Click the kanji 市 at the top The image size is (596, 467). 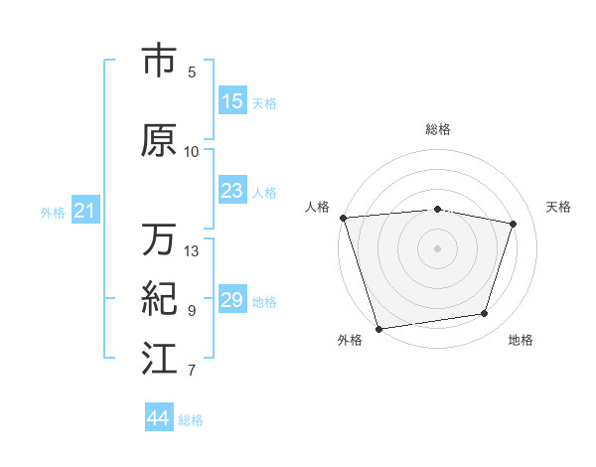160,62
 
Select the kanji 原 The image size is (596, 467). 160,141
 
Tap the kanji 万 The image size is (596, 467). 160,239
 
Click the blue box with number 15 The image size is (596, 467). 232,101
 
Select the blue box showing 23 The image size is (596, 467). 232,191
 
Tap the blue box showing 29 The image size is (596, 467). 232,300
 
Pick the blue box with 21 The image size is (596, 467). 84,211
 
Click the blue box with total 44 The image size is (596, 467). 159,418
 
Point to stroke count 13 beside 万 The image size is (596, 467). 192,250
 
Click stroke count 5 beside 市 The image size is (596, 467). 192,72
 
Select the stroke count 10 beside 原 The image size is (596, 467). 192,151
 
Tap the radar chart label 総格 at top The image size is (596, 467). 438,129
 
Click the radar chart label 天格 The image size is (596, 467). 559,207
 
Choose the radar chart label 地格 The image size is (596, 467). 521,340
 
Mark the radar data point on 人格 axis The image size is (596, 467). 343,218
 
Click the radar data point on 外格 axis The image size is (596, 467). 378,328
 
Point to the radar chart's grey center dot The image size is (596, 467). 438,247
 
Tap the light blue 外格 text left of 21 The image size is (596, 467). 53,212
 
